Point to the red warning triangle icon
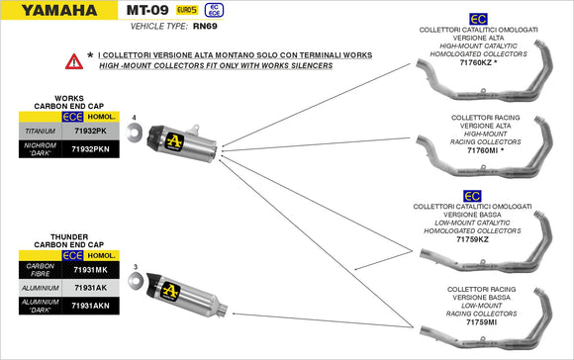click(x=73, y=61)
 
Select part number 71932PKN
click(x=91, y=149)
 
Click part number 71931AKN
click(x=91, y=307)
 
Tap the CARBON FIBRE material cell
click(x=40, y=269)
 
